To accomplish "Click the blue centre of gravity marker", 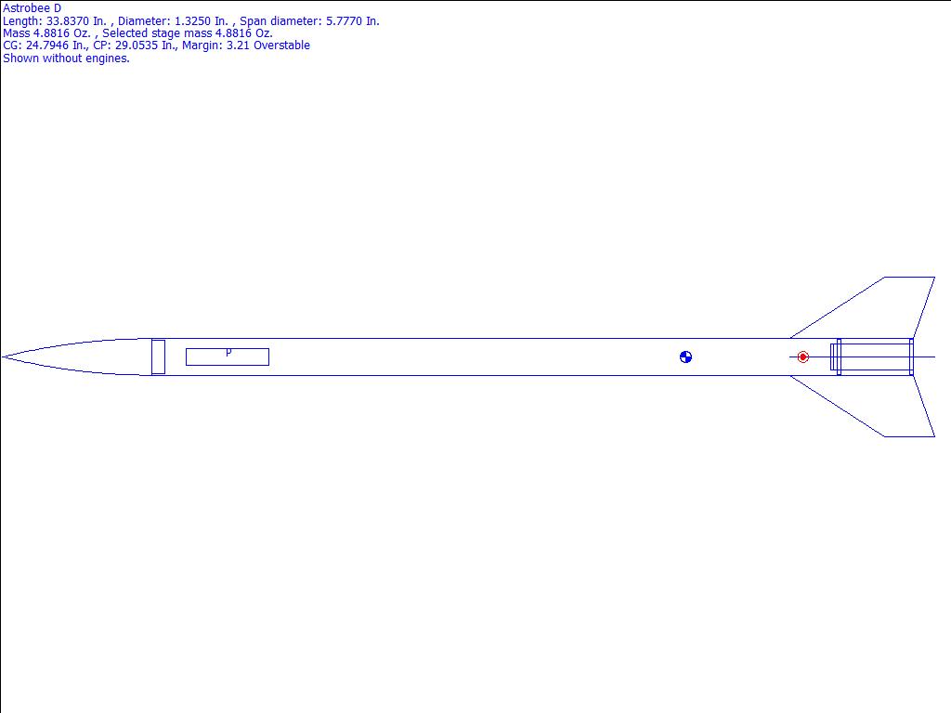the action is pos(685,357).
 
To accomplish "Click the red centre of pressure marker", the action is pos(802,357).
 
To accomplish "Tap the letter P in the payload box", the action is pos(228,352).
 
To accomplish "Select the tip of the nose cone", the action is pos(3,357).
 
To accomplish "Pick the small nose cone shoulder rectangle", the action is pos(158,357).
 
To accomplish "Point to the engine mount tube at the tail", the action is pos(871,357).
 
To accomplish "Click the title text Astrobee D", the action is pos(33,8).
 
